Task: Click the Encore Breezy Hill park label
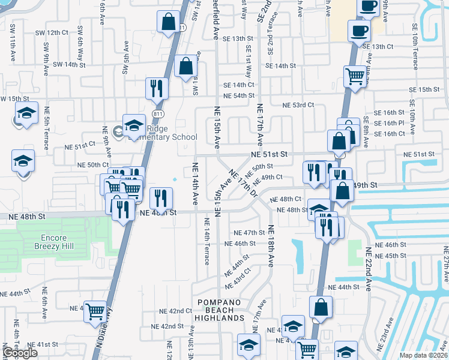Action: click(x=50, y=242)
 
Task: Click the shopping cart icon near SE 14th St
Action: click(x=355, y=76)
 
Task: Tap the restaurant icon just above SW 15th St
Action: click(x=157, y=88)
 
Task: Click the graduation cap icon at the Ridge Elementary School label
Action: click(x=134, y=124)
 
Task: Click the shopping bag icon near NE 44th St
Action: click(x=321, y=307)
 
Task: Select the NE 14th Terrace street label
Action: click(x=206, y=242)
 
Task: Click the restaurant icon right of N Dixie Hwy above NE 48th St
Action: click(x=161, y=197)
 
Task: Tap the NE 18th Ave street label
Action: click(x=271, y=245)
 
